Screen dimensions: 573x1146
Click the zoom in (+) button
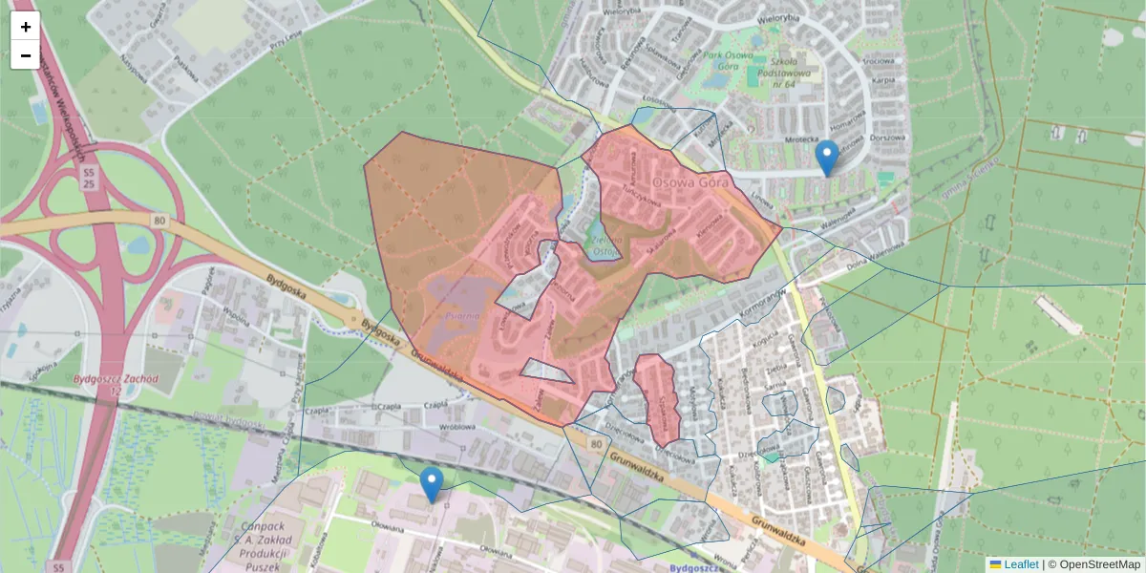click(x=26, y=27)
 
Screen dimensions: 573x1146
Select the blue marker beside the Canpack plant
click(x=432, y=485)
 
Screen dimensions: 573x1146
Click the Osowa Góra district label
click(x=690, y=181)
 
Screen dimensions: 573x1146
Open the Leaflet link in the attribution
click(x=1020, y=564)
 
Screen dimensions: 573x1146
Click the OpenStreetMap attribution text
click(x=1093, y=564)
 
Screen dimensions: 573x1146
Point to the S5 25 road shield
click(x=89, y=177)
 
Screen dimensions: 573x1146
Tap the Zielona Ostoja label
click(x=604, y=245)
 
